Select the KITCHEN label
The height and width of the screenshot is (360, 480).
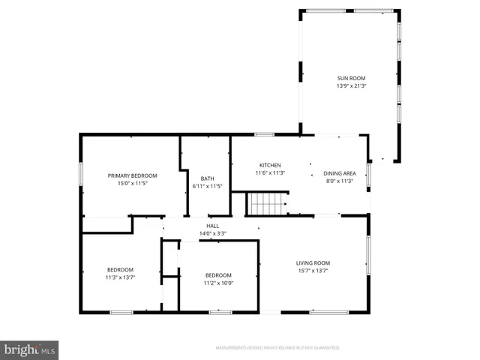click(x=270, y=165)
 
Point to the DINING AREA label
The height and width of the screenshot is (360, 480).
click(x=339, y=173)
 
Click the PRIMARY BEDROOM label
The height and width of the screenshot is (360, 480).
click(x=132, y=175)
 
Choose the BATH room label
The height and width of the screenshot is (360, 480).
click(x=208, y=178)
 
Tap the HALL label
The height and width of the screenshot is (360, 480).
click(x=213, y=226)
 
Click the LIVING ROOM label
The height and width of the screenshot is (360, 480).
click(x=313, y=262)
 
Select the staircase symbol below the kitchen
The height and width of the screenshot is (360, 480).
click(x=268, y=203)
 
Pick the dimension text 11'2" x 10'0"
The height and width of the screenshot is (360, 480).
click(x=218, y=283)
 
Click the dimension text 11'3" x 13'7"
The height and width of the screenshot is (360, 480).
click(x=120, y=277)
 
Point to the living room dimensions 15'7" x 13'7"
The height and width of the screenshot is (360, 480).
click(x=313, y=271)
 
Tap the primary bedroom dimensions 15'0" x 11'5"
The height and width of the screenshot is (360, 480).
click(x=132, y=183)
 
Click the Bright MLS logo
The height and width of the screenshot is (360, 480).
click(x=29, y=349)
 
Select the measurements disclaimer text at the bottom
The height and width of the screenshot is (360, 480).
click(x=277, y=348)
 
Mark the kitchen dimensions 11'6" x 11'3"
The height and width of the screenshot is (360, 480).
click(x=270, y=172)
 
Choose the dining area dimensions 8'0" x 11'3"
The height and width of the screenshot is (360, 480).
click(x=339, y=181)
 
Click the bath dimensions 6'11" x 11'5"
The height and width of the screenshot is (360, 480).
click(x=208, y=186)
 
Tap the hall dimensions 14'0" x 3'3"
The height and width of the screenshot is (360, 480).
click(x=213, y=233)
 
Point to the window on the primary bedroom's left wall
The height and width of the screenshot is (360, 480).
click(x=81, y=173)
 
